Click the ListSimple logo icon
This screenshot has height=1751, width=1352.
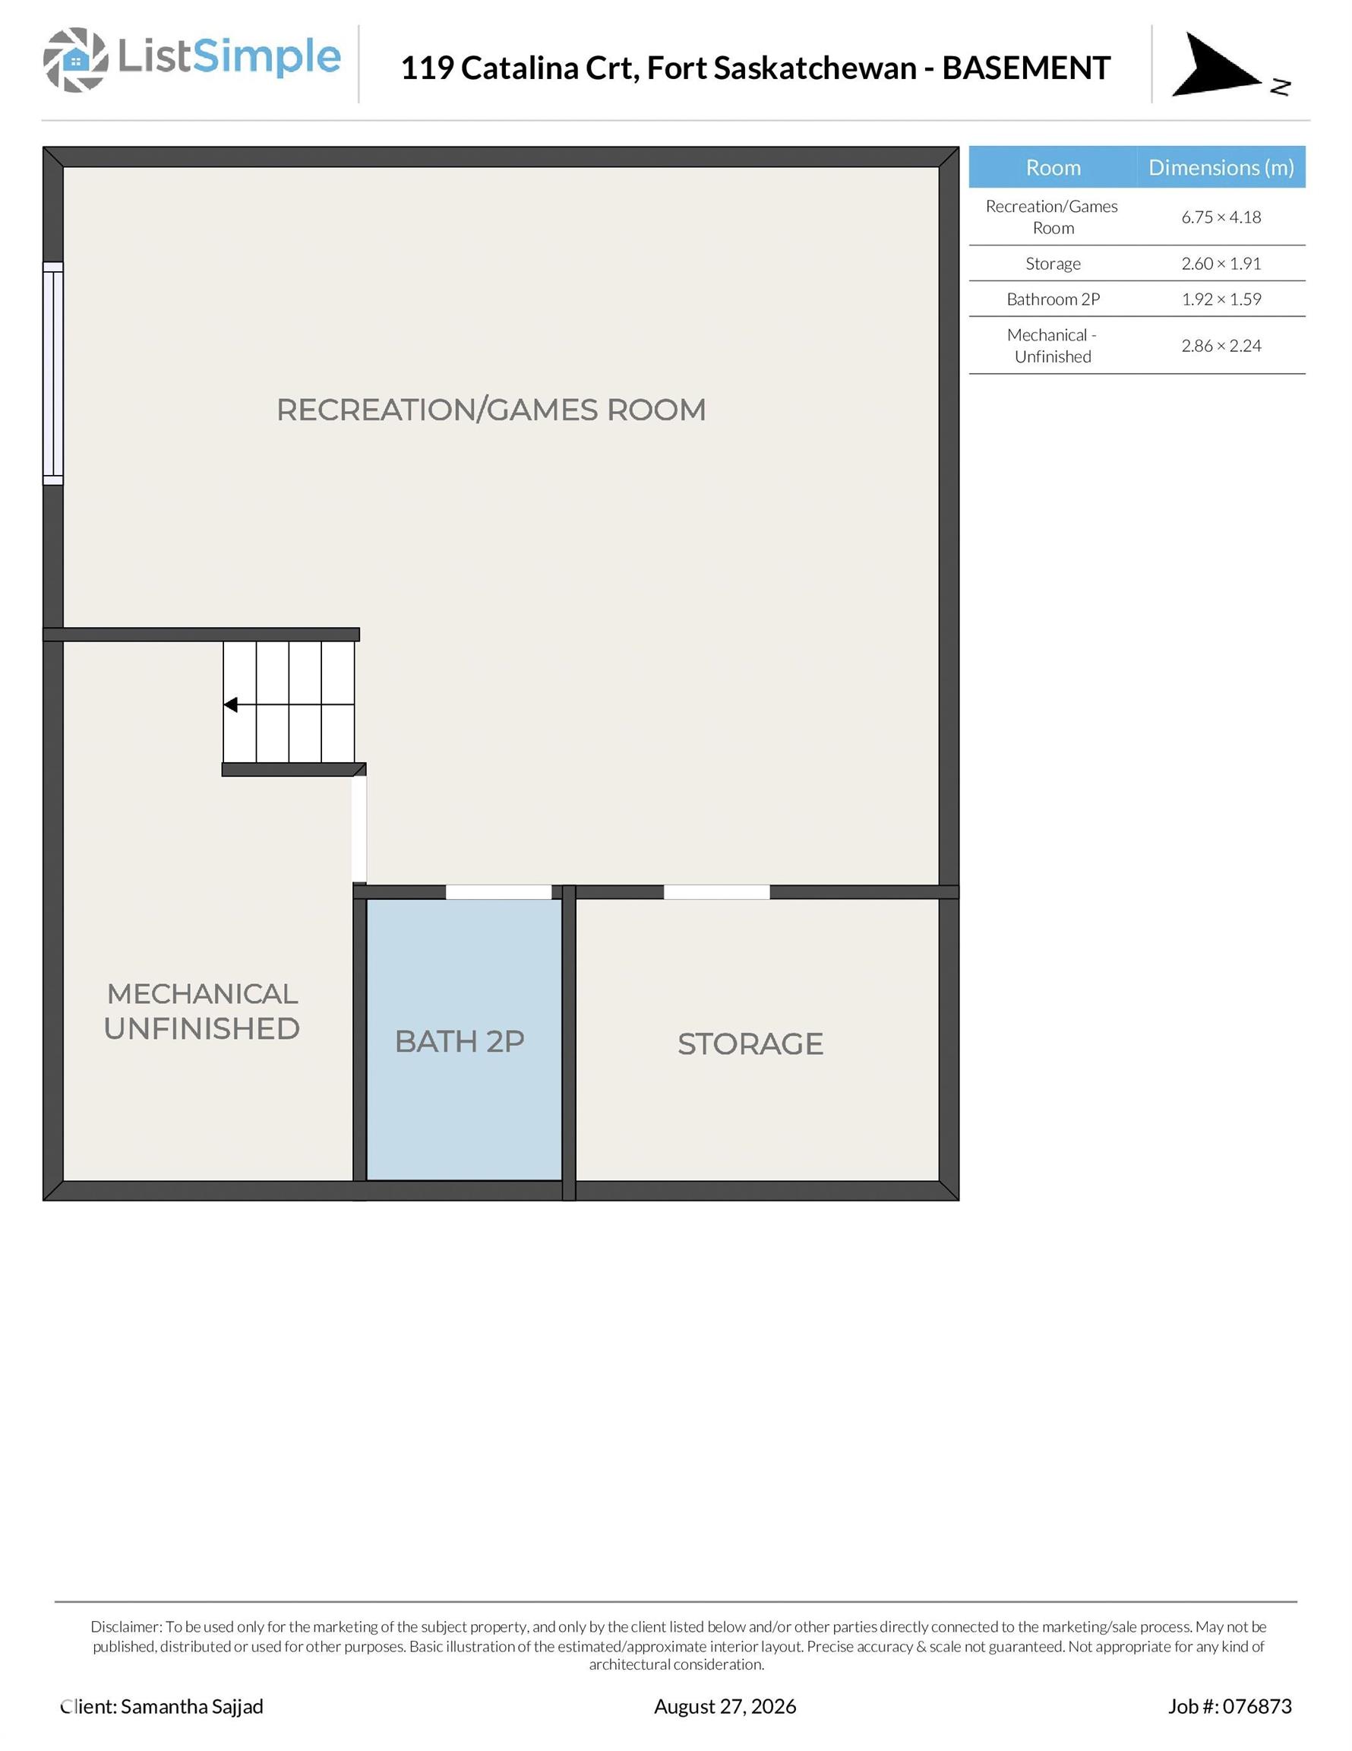pos(75,59)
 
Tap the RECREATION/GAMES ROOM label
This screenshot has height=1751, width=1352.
pos(491,410)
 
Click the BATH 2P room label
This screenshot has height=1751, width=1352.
pos(460,1041)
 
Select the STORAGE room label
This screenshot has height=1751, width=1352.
pos(750,1044)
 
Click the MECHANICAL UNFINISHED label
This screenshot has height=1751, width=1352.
pos(202,1011)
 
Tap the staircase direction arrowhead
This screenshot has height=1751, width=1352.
pos(230,705)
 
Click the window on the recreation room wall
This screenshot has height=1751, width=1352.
pos(53,374)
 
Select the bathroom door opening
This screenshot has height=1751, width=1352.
pos(498,892)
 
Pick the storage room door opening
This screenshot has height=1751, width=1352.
pos(716,892)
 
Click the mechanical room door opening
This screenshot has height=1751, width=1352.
pos(359,830)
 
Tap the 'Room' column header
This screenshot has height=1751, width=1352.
pos(1053,167)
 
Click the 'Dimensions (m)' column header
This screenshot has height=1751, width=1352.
pos(1221,167)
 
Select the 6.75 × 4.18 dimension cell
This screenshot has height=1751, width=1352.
pos(1221,217)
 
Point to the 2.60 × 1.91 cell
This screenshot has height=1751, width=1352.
pos(1221,264)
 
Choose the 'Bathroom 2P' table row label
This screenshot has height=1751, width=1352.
pos(1053,299)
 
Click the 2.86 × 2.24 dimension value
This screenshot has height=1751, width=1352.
pos(1221,346)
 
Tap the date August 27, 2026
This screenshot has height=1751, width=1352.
pos(725,1706)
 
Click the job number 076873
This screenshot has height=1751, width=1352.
pos(1256,1706)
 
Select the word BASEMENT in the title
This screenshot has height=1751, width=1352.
pos(1026,68)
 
